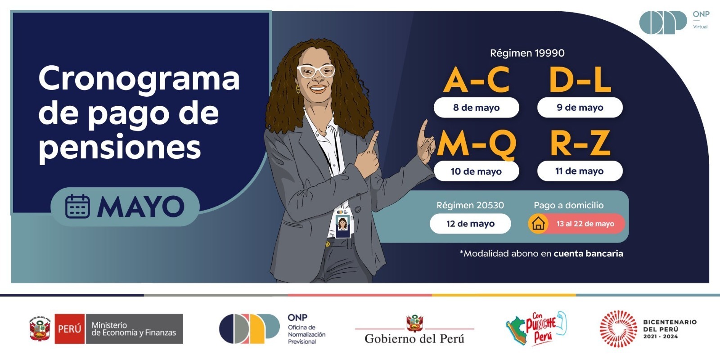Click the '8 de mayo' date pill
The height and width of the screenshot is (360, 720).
pos(477,108)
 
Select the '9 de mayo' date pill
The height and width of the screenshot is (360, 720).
pos(580,108)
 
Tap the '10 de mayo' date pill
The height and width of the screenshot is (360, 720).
pos(477,171)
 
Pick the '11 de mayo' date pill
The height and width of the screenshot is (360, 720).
pos(580,171)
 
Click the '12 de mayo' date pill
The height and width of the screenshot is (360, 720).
pos(470,223)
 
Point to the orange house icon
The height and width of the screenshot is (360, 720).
pos(538,223)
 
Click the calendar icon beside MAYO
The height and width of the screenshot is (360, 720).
pos(77,207)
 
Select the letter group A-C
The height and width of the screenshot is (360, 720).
pos(477,80)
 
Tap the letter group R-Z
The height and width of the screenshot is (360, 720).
pos(580,144)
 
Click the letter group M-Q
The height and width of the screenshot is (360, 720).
pos(477,144)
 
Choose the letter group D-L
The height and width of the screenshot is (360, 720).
pos(580,80)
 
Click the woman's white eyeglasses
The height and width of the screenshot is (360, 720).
pos(315,71)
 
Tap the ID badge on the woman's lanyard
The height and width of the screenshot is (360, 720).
pos(342,224)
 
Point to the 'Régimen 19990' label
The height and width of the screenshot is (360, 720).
pos(527,53)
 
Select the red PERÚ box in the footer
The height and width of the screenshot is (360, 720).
pos(69,329)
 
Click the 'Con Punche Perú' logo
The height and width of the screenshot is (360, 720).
pos(536,328)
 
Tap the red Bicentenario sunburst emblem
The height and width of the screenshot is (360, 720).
pos(618,329)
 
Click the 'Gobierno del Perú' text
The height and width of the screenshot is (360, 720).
pos(414,338)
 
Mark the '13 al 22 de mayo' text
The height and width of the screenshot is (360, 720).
pos(585,224)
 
